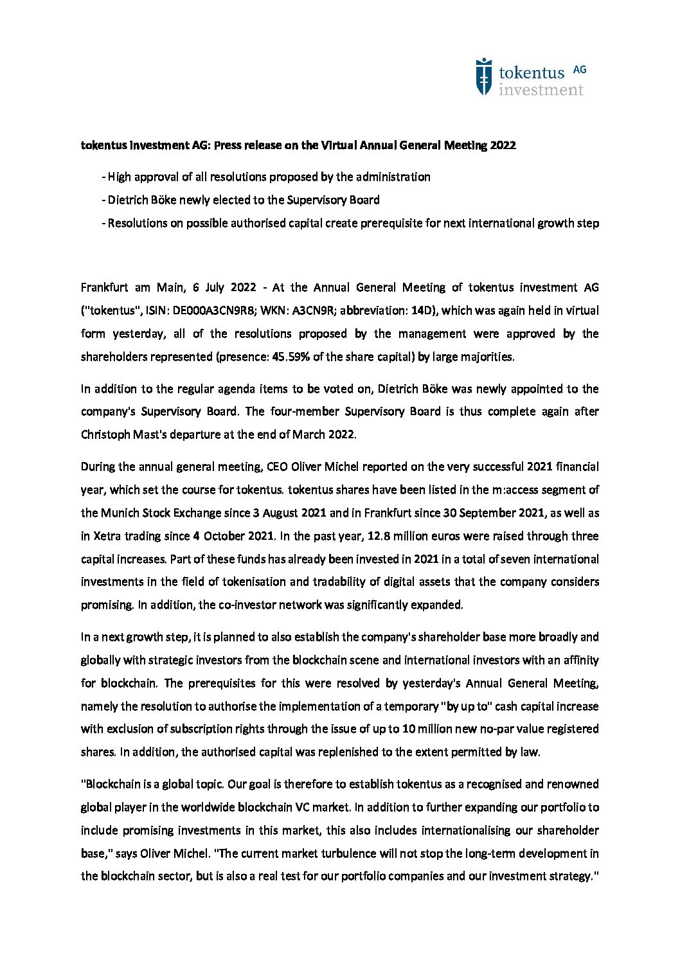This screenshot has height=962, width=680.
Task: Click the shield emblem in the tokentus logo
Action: tap(483, 77)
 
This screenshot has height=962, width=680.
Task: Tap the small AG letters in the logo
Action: tap(579, 70)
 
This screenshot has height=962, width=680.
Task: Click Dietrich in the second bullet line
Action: tap(127, 200)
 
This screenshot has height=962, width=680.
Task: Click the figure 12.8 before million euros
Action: tap(379, 536)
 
